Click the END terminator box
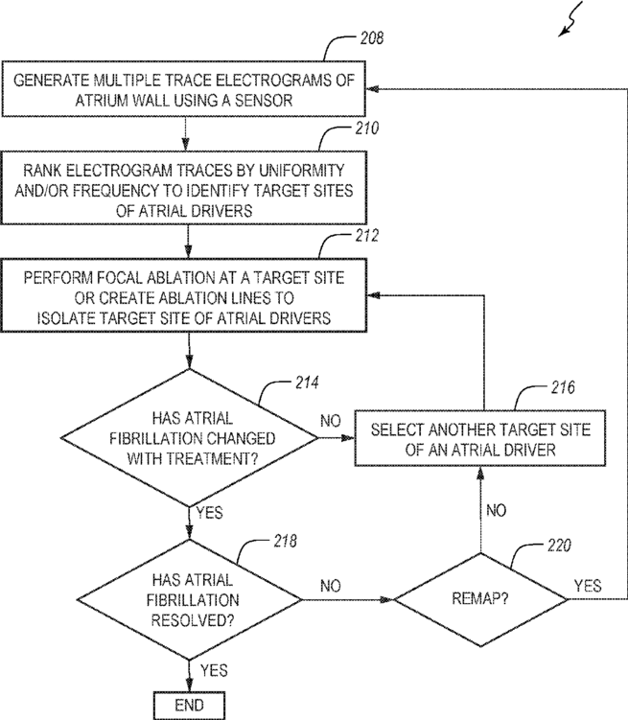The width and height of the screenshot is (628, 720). (x=189, y=706)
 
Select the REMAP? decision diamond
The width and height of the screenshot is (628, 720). (x=480, y=599)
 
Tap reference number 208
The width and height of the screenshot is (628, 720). (x=371, y=38)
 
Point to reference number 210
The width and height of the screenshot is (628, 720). (x=367, y=128)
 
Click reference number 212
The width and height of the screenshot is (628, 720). (x=367, y=236)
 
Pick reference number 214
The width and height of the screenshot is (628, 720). (x=307, y=383)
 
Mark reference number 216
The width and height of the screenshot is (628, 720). (x=563, y=387)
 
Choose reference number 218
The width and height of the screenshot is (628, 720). (x=285, y=541)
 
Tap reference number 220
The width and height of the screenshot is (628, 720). (x=559, y=546)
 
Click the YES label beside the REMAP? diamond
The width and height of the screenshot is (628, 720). (x=588, y=586)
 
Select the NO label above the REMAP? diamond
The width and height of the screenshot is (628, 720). (x=497, y=510)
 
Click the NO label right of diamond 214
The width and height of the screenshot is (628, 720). (x=331, y=421)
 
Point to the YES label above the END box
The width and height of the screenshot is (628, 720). (x=214, y=670)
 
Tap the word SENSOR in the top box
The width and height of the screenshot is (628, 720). (x=264, y=100)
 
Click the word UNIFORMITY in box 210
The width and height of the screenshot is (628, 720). (x=302, y=171)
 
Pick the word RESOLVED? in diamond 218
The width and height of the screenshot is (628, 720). (x=193, y=620)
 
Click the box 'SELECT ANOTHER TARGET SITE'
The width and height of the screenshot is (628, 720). (x=480, y=438)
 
